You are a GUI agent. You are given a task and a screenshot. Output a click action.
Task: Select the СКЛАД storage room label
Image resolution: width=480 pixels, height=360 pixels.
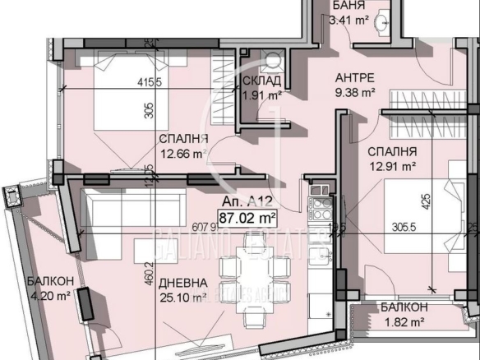263,81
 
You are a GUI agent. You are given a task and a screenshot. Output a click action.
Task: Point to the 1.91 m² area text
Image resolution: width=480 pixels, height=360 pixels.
262,95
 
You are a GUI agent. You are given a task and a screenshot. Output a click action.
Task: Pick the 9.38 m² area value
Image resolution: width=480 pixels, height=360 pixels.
356,91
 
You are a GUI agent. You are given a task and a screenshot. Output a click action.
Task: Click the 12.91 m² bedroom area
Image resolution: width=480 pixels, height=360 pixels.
392,165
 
